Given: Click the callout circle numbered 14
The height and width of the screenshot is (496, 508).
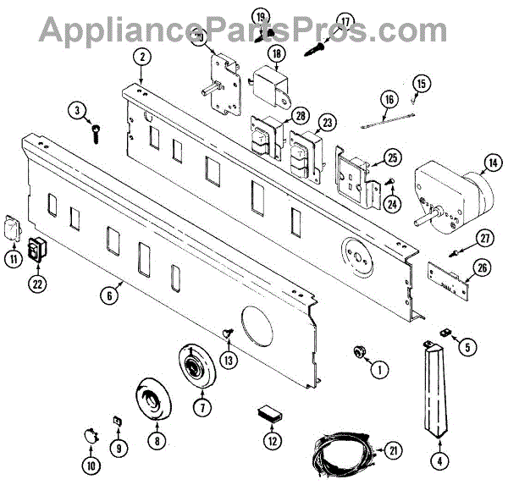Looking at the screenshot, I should point(491,163).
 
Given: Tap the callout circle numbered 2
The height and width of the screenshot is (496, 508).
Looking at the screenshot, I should point(144,57).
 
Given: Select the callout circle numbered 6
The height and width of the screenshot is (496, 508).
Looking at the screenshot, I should point(109,296).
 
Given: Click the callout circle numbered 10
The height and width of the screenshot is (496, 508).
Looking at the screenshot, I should point(91,464).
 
